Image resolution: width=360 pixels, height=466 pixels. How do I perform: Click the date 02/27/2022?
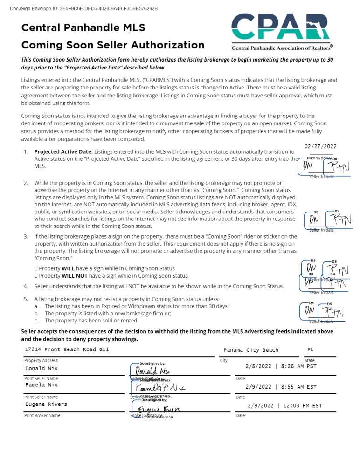[x=320, y=147]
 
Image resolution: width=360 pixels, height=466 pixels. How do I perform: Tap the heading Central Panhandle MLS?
[x=83, y=27]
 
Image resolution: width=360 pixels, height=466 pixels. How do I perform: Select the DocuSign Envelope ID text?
[x=83, y=8]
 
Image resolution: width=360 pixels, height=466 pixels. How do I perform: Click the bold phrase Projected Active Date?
[x=64, y=151]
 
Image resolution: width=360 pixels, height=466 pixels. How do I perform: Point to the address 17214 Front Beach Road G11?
[x=67, y=349]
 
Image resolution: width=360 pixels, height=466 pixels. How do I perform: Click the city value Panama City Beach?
[x=250, y=350]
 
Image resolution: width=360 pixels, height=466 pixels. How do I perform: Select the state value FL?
[x=311, y=349]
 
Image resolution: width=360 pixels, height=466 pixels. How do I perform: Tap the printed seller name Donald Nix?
[x=42, y=368]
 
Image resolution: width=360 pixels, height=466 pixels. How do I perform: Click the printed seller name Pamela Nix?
[x=42, y=385]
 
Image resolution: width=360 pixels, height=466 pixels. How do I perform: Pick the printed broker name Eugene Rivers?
[x=46, y=404]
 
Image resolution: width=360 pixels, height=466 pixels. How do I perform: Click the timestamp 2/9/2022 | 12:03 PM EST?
[x=284, y=406]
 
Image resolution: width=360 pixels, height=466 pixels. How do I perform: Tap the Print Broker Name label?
[x=42, y=415]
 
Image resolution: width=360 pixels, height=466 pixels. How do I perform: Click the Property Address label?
[x=41, y=360]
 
